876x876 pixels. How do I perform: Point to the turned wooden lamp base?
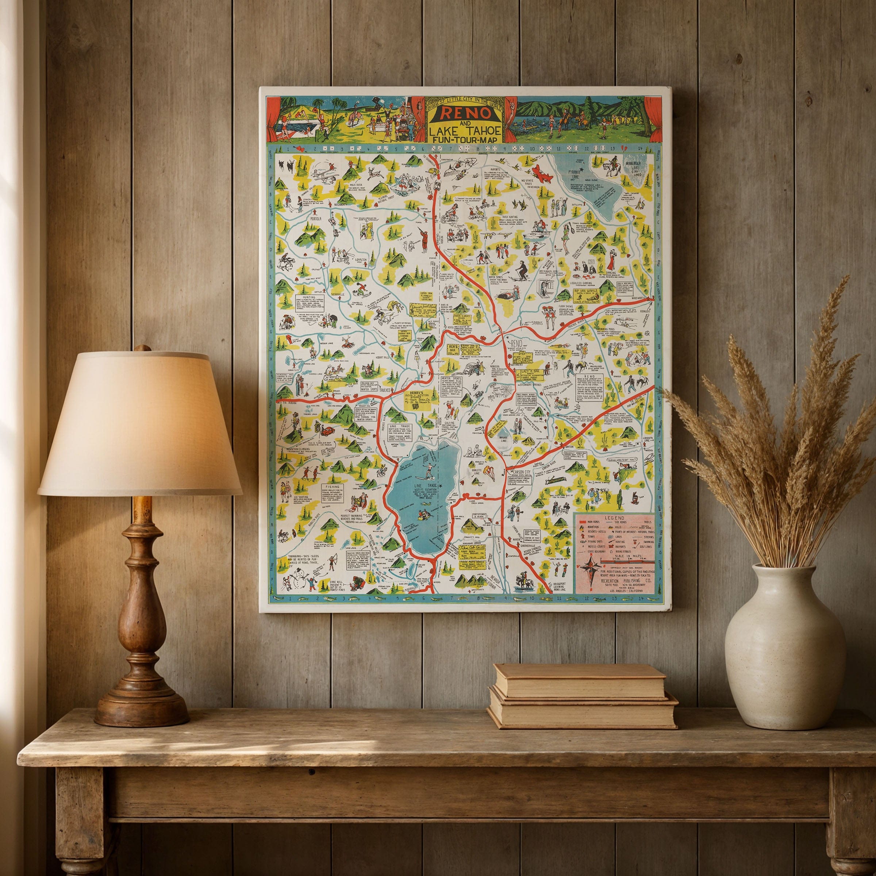click(141, 589)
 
